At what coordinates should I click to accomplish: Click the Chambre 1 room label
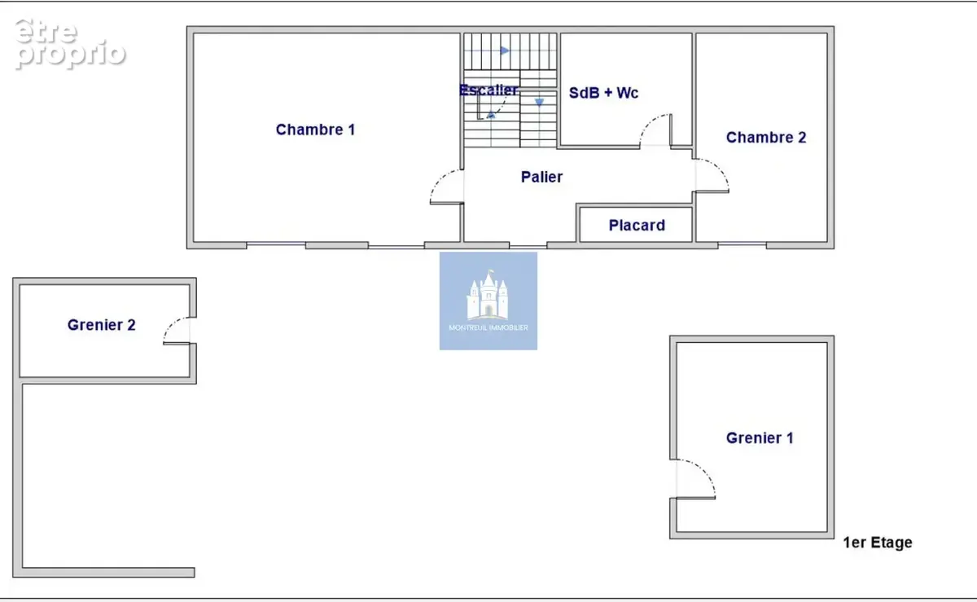click(x=315, y=130)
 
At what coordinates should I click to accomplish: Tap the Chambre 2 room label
click(x=766, y=138)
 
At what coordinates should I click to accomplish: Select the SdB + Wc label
click(x=603, y=93)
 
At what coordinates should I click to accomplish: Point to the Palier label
click(x=541, y=177)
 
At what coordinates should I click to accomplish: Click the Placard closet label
click(x=637, y=226)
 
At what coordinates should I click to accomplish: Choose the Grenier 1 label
click(x=760, y=438)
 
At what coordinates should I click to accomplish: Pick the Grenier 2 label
click(x=101, y=325)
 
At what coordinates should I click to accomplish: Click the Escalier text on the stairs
click(x=488, y=90)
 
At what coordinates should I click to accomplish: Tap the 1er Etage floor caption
click(x=878, y=543)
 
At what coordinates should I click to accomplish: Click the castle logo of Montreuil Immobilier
click(x=488, y=296)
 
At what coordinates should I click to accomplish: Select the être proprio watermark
click(x=70, y=44)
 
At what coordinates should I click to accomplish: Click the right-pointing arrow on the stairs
click(x=505, y=51)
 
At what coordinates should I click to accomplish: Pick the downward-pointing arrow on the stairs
click(x=540, y=103)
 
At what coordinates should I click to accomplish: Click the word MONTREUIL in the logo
click(x=467, y=327)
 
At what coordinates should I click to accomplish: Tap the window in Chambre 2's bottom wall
click(x=743, y=244)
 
